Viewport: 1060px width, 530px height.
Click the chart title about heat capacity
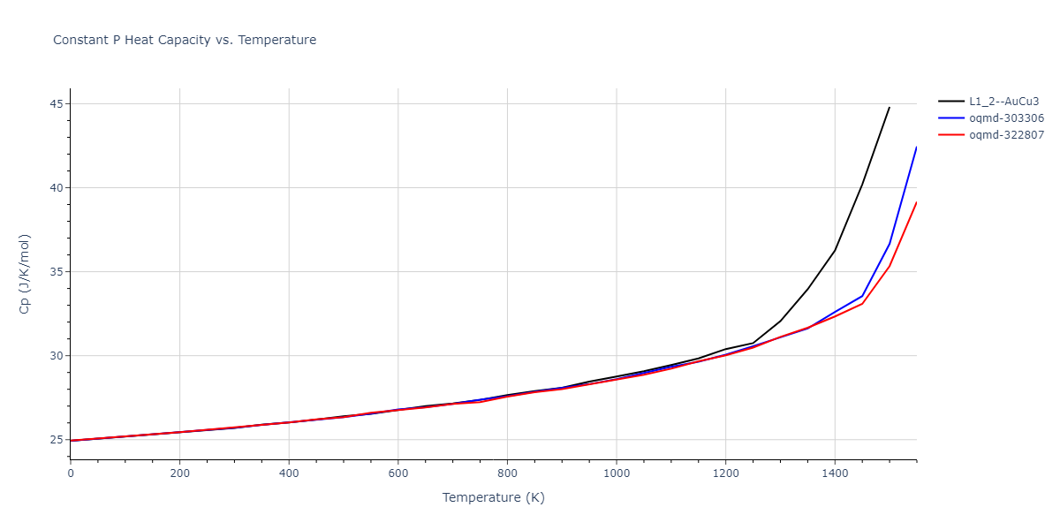[x=185, y=40]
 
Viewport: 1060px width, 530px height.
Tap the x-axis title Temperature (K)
[x=494, y=498]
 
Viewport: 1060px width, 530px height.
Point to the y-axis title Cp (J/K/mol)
[x=25, y=274]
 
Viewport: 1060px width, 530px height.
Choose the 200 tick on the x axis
[x=179, y=473]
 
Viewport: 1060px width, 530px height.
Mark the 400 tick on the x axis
[x=289, y=473]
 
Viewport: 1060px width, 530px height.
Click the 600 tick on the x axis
[x=397, y=473]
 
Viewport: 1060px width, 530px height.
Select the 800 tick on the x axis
[x=507, y=473]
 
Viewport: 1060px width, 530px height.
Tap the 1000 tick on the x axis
[x=616, y=473]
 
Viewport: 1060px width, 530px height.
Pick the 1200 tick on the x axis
[x=725, y=473]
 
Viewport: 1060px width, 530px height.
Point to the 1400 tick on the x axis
[x=835, y=473]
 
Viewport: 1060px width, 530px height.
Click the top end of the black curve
[x=890, y=107]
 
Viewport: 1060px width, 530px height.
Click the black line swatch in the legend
[x=950, y=102]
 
